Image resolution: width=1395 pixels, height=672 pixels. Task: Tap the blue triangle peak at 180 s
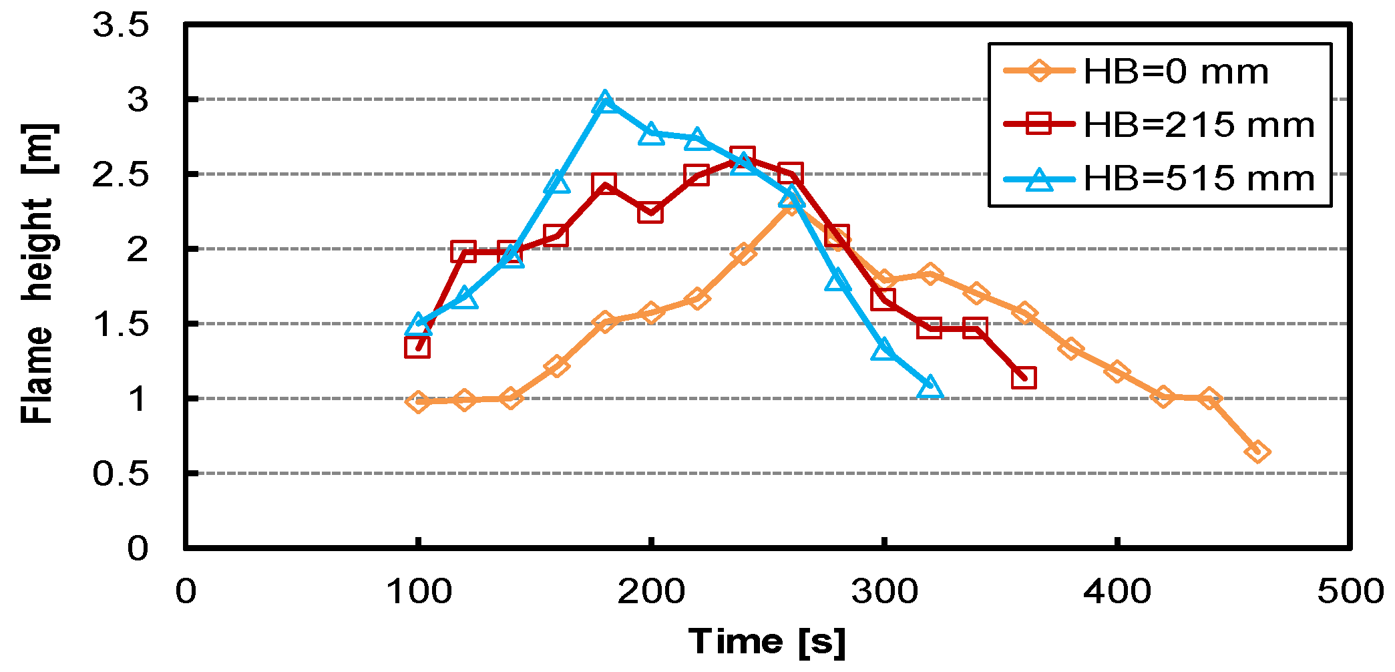604,102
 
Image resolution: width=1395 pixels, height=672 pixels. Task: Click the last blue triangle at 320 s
930,387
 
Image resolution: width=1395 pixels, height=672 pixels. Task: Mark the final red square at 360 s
1024,377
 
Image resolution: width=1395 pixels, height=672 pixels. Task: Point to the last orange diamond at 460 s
1257,452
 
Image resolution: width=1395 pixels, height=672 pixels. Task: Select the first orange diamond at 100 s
418,401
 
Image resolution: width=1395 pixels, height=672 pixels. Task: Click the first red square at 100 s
417,347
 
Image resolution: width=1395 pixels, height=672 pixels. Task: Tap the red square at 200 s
650,212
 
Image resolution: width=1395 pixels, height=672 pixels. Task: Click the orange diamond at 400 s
1117,371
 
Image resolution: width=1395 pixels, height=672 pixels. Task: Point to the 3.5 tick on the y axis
121,26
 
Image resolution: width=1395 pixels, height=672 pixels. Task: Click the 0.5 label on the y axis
121,474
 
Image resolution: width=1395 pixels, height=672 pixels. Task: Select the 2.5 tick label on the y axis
121,175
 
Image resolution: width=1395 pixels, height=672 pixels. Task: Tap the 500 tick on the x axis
1350,592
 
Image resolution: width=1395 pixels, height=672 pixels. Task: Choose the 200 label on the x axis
650,592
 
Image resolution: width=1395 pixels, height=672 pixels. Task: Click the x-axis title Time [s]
767,642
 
